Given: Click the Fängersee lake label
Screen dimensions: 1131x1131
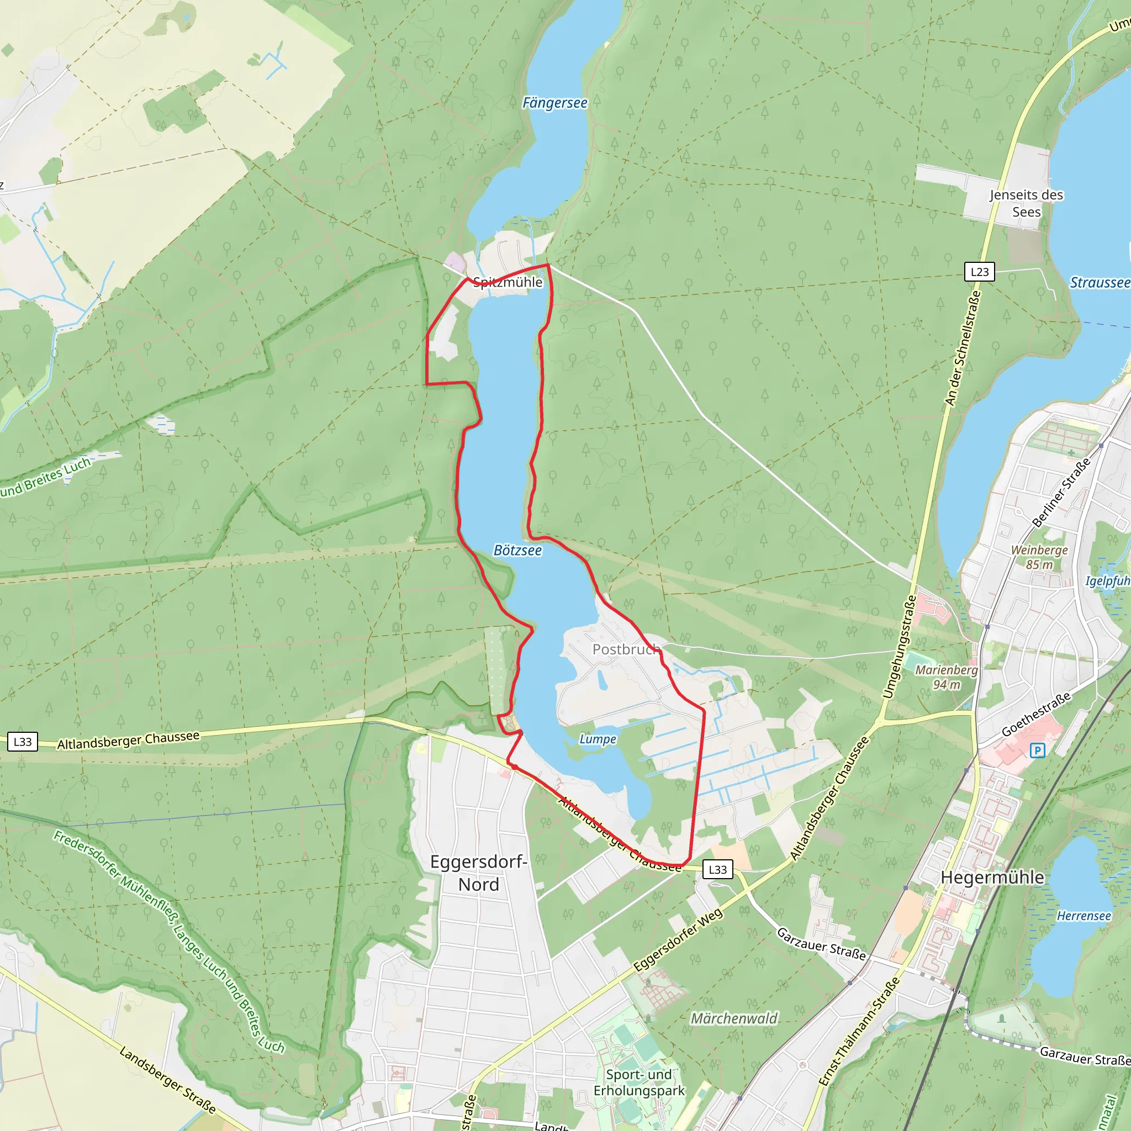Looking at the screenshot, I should coord(554,103).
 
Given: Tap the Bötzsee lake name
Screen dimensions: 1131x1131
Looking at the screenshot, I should coord(517,550).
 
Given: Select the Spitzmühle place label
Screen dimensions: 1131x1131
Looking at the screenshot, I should coord(508,282).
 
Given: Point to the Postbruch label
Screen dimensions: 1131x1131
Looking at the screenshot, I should coord(626,649).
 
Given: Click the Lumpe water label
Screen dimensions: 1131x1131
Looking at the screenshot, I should coord(598,739).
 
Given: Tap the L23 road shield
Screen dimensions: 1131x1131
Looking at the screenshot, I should coord(979,272).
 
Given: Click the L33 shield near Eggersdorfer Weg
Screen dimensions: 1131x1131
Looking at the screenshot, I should coord(718,869).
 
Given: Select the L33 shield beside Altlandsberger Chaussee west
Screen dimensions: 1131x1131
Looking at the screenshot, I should coord(23,742).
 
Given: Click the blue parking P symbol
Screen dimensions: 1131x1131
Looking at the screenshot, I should coord(1037,750).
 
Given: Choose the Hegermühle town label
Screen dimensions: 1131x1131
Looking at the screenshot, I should coord(992,877).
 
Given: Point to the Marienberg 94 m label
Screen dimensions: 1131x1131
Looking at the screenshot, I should coord(947,677).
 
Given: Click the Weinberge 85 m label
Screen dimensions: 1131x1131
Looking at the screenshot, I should coord(1039,557).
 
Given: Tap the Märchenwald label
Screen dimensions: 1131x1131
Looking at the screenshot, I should coord(734,1018).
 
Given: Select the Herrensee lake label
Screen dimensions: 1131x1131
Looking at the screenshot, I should coord(1084,916).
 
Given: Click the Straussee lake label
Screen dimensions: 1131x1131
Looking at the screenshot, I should coord(1100,283).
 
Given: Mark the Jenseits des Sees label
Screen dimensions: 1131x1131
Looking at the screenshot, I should coord(1026,203).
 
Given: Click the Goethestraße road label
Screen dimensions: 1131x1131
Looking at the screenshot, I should coord(1036,714).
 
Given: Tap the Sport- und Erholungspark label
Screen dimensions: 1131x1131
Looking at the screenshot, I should coord(639,1082).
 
